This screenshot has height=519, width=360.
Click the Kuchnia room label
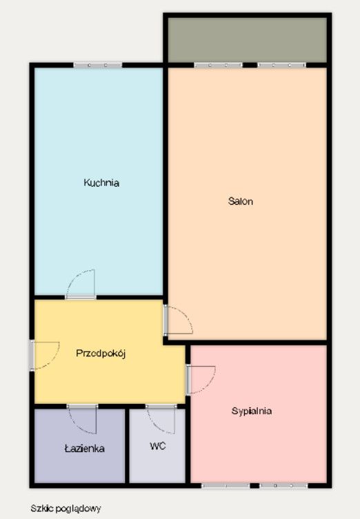pyautogui.click(x=101, y=183)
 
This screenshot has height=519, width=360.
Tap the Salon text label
pyautogui.click(x=241, y=202)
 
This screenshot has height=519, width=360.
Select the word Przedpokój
pyautogui.click(x=103, y=352)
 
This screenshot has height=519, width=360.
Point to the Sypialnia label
pyautogui.click(x=251, y=411)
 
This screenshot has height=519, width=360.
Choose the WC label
pyautogui.click(x=157, y=445)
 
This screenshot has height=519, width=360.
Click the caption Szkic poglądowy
pyautogui.click(x=66, y=509)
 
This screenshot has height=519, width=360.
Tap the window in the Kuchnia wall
pyautogui.click(x=98, y=65)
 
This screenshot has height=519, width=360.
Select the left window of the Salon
pyautogui.click(x=218, y=65)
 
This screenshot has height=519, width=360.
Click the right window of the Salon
pyautogui.click(x=282, y=65)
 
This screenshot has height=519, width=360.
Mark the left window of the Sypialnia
pyautogui.click(x=226, y=485)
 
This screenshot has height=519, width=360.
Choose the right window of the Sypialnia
pyautogui.click(x=283, y=485)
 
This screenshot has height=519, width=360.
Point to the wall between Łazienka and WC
pyautogui.click(x=128, y=445)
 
